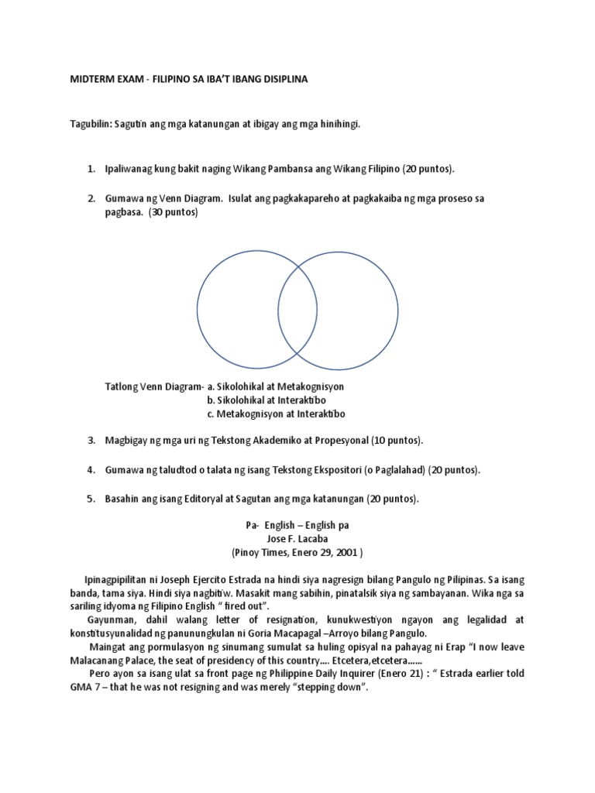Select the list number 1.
pos(91,168)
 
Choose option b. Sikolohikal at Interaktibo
pos(266,400)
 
